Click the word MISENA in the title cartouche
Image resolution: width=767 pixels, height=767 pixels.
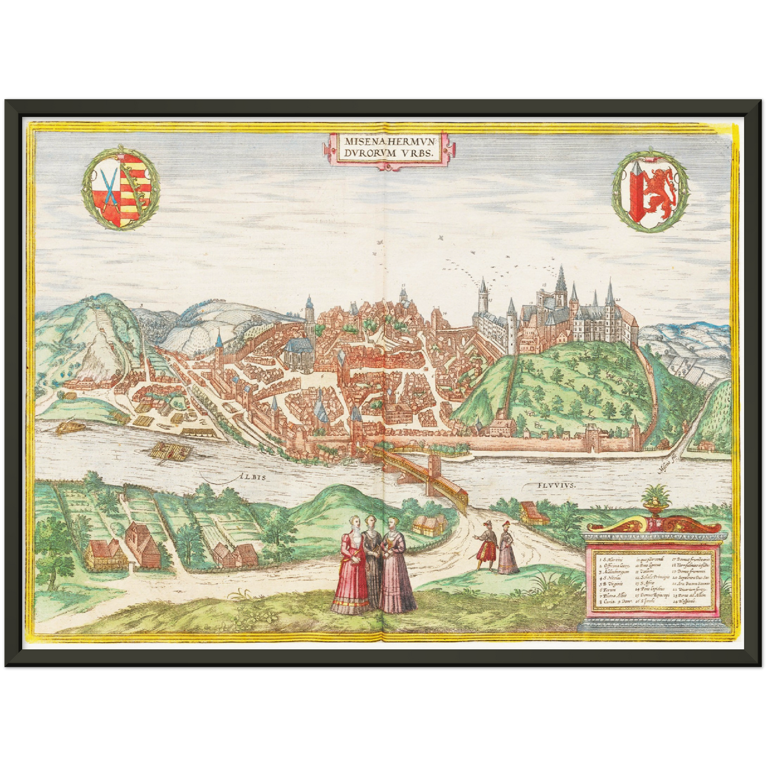(x=360, y=142)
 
